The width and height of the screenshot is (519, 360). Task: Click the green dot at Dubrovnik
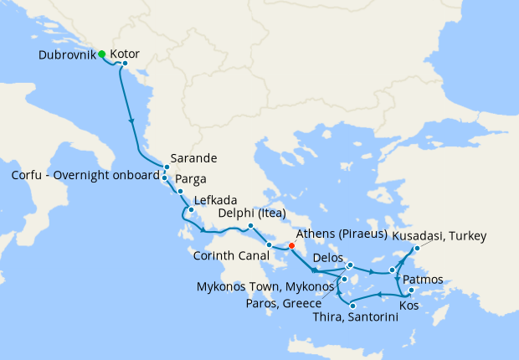[x=101, y=54]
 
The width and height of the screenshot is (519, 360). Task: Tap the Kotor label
[x=125, y=53]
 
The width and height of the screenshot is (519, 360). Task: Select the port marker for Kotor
[x=125, y=64]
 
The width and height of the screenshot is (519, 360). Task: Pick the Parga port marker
[x=180, y=192]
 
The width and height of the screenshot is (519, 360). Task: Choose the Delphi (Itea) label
[x=254, y=213]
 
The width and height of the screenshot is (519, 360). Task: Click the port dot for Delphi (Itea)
[x=250, y=227]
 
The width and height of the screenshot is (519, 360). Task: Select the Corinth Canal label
[x=229, y=255]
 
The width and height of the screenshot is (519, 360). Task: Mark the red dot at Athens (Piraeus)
[x=291, y=246]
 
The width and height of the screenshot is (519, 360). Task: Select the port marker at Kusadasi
[x=417, y=248]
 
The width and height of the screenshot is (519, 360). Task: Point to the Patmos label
[x=422, y=278]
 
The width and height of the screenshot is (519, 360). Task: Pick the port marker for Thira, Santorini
[x=352, y=306]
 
